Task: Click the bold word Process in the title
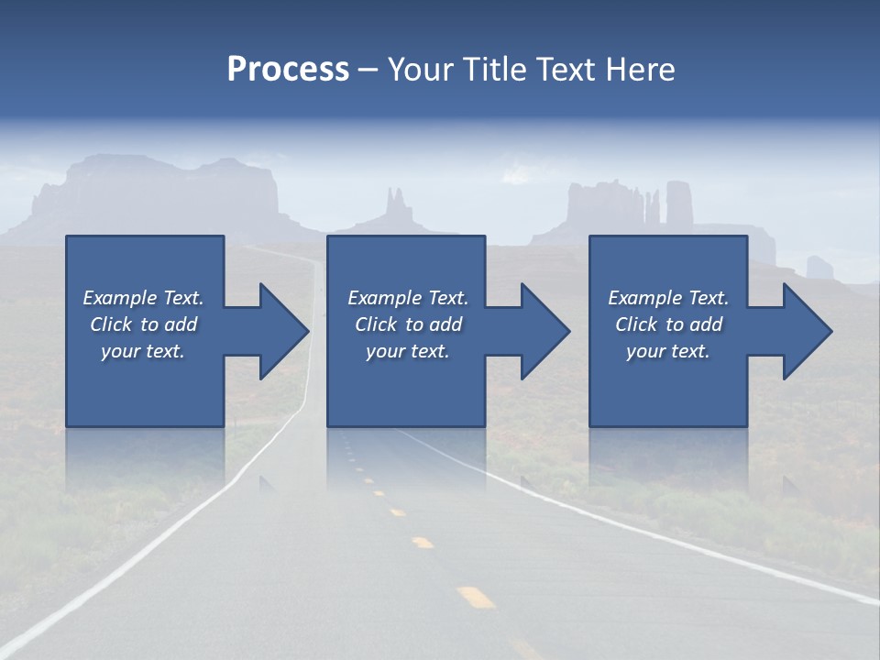click(288, 70)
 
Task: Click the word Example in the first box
click(120, 298)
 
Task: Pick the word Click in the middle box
click(375, 324)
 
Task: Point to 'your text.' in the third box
click(667, 351)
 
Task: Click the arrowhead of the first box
click(284, 331)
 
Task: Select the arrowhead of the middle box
click(545, 331)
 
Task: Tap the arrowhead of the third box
click(808, 331)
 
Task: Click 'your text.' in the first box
click(143, 351)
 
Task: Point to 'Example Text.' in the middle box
click(408, 298)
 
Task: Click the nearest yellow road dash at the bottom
click(476, 598)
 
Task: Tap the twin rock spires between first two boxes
click(396, 203)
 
